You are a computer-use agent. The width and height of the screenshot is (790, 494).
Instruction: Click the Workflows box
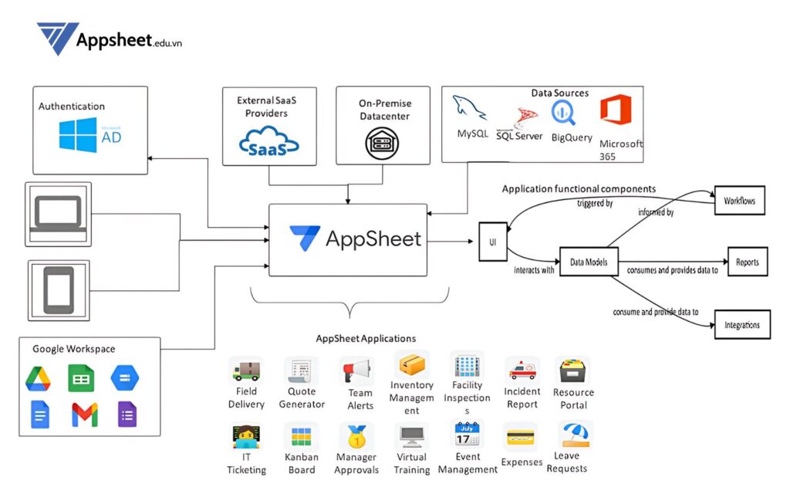(739, 201)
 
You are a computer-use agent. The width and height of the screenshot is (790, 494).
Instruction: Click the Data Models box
(589, 262)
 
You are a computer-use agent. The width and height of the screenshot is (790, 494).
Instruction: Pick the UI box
(492, 242)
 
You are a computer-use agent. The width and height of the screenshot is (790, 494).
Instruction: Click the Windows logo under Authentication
(77, 134)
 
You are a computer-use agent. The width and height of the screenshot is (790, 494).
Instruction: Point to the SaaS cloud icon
(269, 143)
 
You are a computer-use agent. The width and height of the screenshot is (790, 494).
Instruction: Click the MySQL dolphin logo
(471, 109)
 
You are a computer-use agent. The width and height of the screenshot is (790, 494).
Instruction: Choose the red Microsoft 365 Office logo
(615, 110)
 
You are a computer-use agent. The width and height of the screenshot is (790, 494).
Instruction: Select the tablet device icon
(58, 289)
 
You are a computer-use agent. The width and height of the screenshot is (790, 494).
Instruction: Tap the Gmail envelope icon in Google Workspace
(84, 414)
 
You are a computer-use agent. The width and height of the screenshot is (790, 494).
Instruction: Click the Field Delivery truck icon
(245, 371)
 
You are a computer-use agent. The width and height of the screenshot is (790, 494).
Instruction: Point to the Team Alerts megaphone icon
(356, 370)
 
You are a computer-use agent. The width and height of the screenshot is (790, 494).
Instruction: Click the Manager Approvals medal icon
(356, 437)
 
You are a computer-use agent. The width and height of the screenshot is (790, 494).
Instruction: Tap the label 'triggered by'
(595, 204)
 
